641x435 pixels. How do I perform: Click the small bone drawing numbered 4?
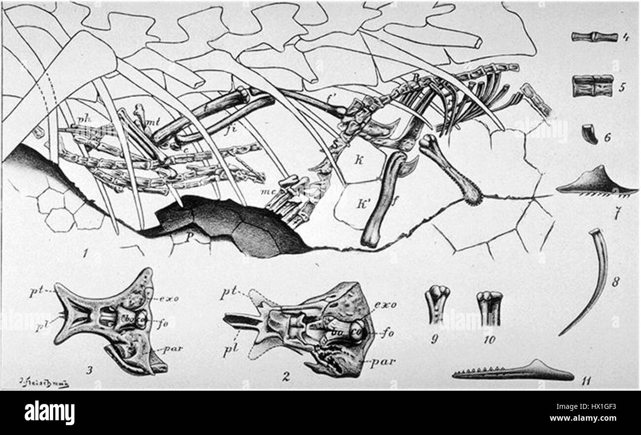point(594,36)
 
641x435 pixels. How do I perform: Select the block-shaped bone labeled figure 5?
point(592,85)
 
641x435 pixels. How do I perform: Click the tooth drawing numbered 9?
point(437,304)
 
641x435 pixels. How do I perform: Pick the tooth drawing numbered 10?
point(489,307)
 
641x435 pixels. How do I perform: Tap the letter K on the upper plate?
point(359,162)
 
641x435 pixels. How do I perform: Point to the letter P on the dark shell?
point(189,237)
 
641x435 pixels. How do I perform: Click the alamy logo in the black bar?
point(49,412)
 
